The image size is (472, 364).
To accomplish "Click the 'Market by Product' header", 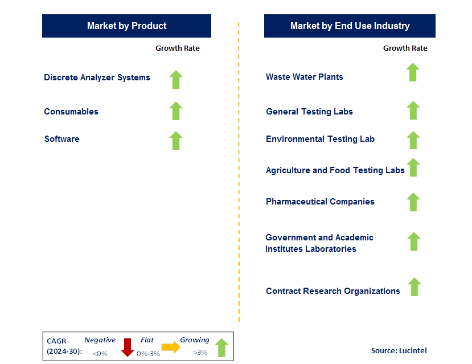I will coord(126,26).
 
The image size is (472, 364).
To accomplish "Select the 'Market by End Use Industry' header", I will coord(350,26).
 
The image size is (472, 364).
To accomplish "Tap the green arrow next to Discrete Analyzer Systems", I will coord(176,80).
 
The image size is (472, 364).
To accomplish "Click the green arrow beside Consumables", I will coord(176,111).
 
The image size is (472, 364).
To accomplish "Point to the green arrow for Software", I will coord(176,141).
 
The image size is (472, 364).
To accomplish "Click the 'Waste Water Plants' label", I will coord(304,77).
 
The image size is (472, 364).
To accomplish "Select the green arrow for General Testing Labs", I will coord(413,111).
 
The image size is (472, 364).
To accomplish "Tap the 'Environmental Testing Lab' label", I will coord(320,139).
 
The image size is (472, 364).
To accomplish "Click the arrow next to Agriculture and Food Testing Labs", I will coord(413,167).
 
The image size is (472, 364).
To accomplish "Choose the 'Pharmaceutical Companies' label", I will coord(320,202).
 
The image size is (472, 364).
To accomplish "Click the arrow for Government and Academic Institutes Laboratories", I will coord(414,242).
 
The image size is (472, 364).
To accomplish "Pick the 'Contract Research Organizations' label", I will coord(333,291).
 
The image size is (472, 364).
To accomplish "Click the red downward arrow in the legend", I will coord(128,347).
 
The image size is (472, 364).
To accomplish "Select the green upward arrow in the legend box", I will coord(221,347).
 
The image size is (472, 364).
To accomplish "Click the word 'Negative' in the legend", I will coord(100,340).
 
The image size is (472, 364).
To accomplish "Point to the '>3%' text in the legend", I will coord(200,353).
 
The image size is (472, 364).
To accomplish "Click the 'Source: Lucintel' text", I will coord(399,351).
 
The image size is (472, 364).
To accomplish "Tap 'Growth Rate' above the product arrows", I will coord(178,48).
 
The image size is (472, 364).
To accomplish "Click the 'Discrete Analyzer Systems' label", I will coord(97,77).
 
